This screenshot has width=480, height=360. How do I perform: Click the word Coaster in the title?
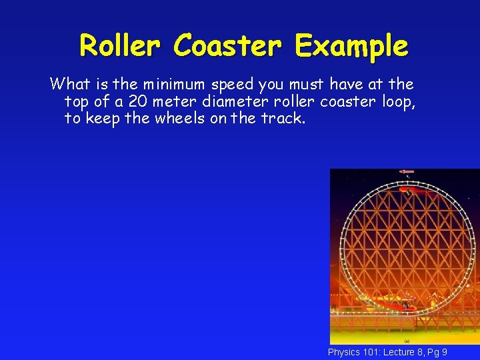229,46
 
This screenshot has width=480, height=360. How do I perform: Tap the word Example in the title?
351,46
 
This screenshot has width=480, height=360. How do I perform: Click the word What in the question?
69,85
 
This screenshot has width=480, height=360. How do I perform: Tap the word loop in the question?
399,101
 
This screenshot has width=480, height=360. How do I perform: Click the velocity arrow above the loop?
406,172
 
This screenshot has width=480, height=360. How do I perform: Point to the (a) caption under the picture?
406,341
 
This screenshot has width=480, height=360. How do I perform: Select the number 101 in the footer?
372,352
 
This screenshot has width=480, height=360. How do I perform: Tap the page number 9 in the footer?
444,352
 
